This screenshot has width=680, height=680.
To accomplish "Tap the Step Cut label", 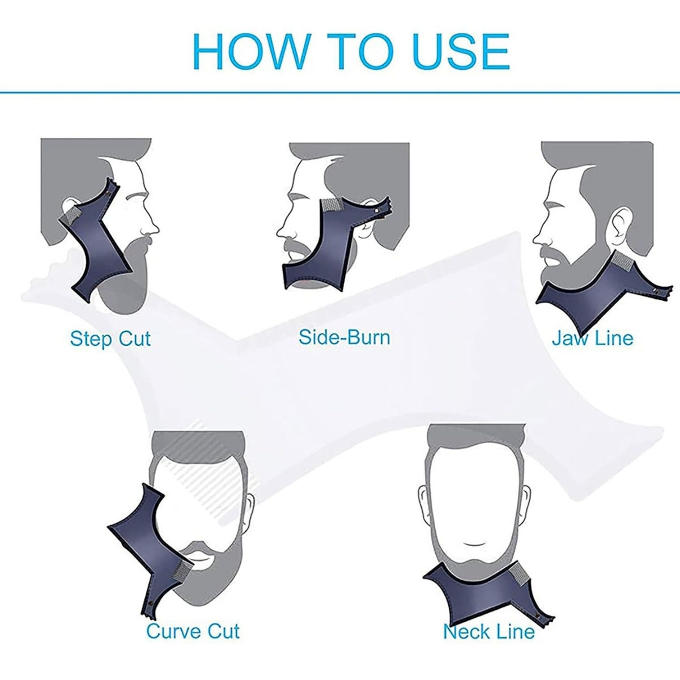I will [110, 339].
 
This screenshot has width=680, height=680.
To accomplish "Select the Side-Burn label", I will [345, 337].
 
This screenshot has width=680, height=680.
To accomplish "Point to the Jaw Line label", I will [592, 338].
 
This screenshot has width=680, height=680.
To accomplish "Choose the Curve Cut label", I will [193, 631].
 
